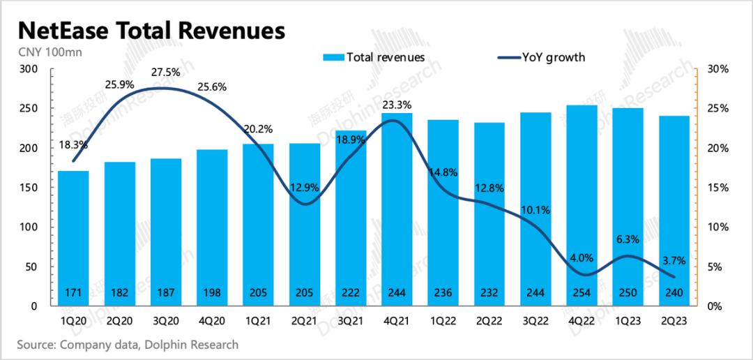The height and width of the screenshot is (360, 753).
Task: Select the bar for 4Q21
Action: [x=396, y=209]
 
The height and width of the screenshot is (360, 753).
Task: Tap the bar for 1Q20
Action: [x=73, y=237]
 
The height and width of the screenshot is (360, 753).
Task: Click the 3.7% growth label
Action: [x=674, y=261]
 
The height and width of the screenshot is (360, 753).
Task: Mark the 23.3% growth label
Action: [x=397, y=105]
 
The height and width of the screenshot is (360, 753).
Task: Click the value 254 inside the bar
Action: [x=581, y=291]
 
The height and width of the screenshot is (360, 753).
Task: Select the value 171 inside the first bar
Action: [x=73, y=291]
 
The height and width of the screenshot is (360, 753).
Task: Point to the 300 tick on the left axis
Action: [x=29, y=69]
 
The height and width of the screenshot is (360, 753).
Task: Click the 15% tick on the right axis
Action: [x=715, y=188]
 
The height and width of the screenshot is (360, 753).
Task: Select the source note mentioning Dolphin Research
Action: [x=128, y=344]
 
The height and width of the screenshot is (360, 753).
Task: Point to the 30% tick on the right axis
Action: [x=715, y=69]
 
